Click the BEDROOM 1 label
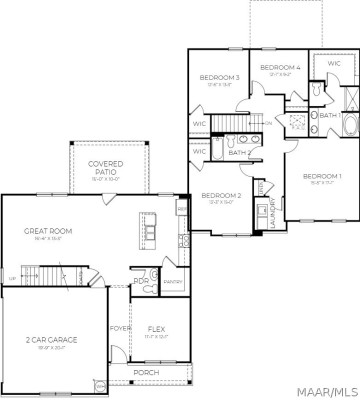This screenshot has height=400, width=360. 320,176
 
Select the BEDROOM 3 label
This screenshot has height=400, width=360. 218,78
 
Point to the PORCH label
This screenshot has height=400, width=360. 148,372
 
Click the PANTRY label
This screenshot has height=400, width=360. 173,282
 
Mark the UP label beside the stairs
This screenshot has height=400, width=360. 12,278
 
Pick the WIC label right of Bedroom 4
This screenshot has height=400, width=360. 333,63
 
